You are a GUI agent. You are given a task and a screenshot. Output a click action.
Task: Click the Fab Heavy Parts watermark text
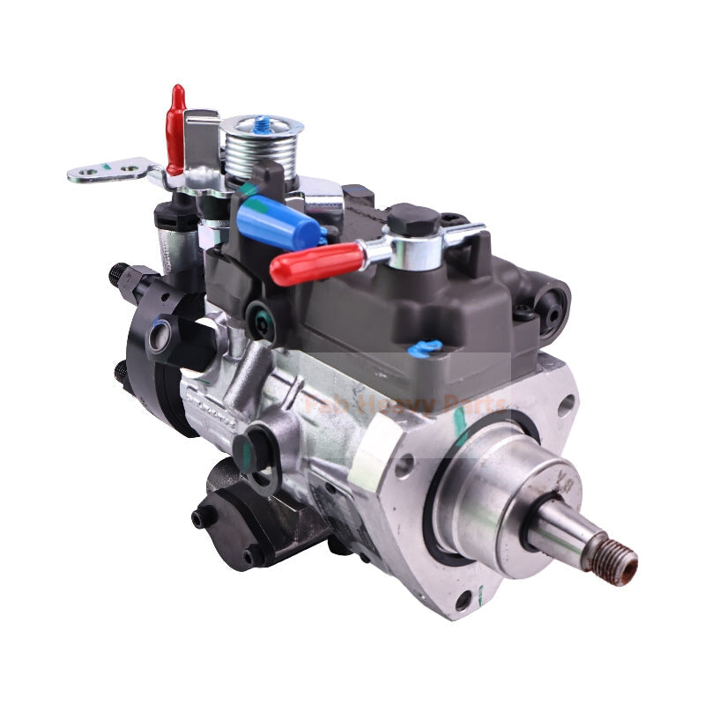405,404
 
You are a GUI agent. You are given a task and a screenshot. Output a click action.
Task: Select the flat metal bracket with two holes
110,169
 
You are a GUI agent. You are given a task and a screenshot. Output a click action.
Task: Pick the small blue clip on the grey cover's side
425,348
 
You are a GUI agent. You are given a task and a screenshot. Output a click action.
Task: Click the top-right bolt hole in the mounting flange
566,404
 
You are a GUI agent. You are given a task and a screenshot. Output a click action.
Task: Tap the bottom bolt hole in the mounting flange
463,601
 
